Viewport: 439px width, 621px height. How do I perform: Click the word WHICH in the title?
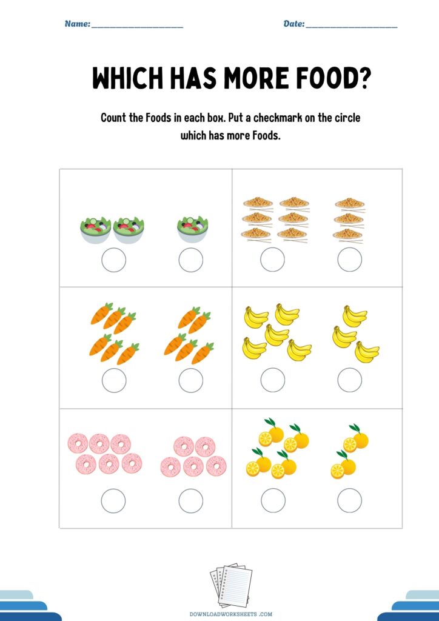tap(127, 78)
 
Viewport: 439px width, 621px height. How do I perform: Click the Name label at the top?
tap(78, 24)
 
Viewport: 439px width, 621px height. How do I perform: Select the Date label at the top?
tap(294, 24)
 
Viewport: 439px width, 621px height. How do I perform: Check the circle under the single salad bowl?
tap(191, 260)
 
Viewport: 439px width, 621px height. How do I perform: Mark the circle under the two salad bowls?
tap(114, 260)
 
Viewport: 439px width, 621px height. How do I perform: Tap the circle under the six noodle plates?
tap(272, 260)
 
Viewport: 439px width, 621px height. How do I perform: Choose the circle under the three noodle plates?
tap(349, 260)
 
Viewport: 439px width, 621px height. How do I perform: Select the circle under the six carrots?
tap(114, 381)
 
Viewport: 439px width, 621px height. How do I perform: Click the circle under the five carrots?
tap(191, 381)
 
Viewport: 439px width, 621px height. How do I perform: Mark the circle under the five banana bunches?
tap(273, 380)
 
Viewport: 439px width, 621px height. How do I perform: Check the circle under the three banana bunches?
tap(349, 380)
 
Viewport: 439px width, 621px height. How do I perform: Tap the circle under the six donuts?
tap(113, 501)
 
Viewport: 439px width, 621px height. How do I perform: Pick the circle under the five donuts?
tap(191, 501)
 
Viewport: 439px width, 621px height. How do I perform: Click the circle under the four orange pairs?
tap(273, 500)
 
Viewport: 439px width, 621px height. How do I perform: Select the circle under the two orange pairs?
tap(349, 500)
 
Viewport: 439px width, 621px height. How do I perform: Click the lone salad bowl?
tap(192, 229)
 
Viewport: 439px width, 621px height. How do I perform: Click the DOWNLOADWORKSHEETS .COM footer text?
tap(231, 614)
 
